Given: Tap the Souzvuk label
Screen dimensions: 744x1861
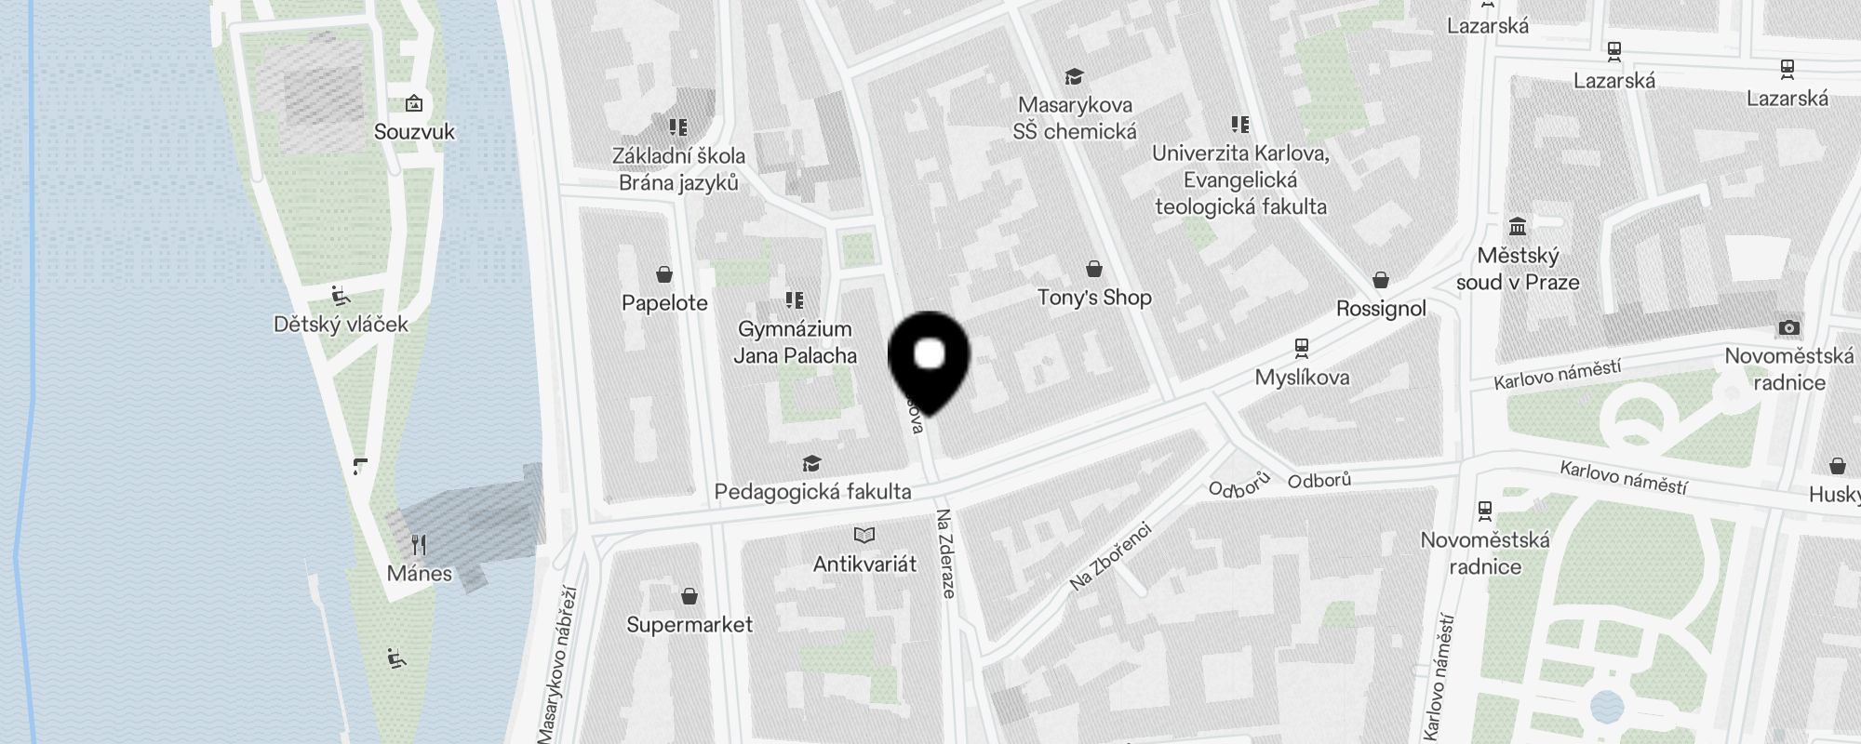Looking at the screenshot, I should pyautogui.click(x=414, y=132).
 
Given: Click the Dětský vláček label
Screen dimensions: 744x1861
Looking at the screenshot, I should pyautogui.click(x=341, y=325).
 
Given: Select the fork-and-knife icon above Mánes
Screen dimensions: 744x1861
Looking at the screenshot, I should pyautogui.click(x=419, y=545).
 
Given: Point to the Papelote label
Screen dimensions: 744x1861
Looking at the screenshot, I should pyautogui.click(x=664, y=303).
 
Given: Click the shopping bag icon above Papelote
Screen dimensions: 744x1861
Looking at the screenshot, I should pyautogui.click(x=664, y=274).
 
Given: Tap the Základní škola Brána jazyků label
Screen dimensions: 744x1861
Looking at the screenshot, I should pyautogui.click(x=678, y=169).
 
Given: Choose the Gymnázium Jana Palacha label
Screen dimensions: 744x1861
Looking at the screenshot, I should pyautogui.click(x=795, y=342).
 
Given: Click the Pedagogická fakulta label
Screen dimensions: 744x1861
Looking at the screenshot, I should pyautogui.click(x=812, y=492).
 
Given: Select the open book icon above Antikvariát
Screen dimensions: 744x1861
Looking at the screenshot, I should pyautogui.click(x=864, y=535).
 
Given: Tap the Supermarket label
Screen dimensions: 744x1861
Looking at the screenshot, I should pyautogui.click(x=690, y=625).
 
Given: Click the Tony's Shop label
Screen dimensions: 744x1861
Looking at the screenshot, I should pyautogui.click(x=1094, y=298).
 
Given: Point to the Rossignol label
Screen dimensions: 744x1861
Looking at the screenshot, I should pyautogui.click(x=1381, y=309).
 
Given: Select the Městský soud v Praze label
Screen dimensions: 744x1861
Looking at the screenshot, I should pyautogui.click(x=1518, y=269).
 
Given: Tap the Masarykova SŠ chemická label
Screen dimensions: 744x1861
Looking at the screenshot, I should pyautogui.click(x=1075, y=118).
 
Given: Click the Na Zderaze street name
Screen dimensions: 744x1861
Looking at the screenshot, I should pyautogui.click(x=945, y=553).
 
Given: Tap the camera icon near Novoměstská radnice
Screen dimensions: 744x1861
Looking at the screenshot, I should pyautogui.click(x=1788, y=327).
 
